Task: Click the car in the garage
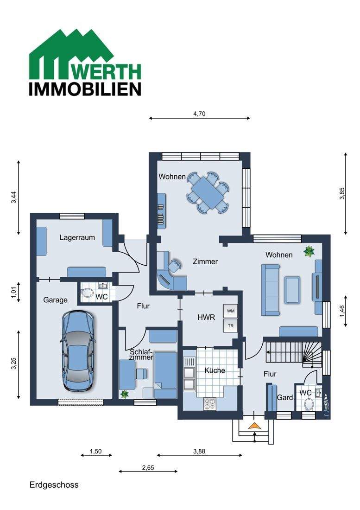[x=78, y=351]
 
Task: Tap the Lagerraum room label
[x=77, y=237]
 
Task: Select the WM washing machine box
[x=231, y=311]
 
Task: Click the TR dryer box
[x=231, y=325]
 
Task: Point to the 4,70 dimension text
[x=199, y=114]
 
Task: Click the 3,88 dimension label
[x=199, y=451]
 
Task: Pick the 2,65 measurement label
[x=148, y=468]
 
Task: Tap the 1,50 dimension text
[x=96, y=451]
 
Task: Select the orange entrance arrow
[x=255, y=426]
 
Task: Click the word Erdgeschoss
[x=54, y=485]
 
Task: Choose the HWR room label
[x=206, y=317]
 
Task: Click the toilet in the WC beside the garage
[x=87, y=293]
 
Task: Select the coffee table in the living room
[x=292, y=290]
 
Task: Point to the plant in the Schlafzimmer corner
[x=124, y=394]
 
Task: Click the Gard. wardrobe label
[x=285, y=397]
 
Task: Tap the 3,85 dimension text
[x=342, y=193]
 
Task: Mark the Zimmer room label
[x=205, y=261]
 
